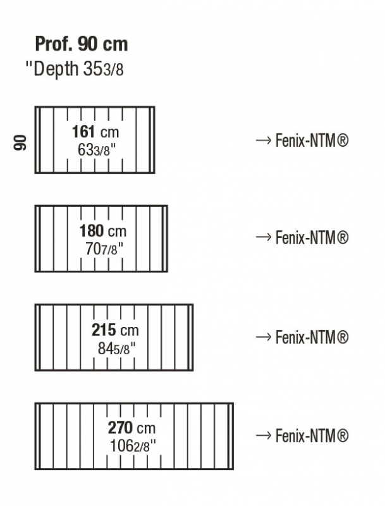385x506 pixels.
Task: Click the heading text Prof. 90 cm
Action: point(82,44)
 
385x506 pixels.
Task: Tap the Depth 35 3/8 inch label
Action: point(75,69)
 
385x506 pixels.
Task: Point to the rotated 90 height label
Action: point(20,142)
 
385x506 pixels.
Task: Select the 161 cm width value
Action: point(95,132)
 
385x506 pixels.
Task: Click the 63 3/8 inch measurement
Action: point(97,150)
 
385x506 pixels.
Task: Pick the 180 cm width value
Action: point(103,231)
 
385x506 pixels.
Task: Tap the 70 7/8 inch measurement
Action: point(104,249)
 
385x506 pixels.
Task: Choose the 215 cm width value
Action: point(115,330)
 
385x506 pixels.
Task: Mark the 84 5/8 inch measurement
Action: point(116,349)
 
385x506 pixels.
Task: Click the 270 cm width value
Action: point(131,428)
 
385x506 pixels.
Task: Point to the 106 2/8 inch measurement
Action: point(133,447)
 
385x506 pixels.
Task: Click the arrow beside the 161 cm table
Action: point(264,140)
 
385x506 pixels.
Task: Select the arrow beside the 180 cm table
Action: point(264,237)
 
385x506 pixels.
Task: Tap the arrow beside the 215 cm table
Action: point(264,337)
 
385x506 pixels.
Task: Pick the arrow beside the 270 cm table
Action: point(264,435)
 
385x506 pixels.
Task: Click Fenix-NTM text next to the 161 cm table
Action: point(312,140)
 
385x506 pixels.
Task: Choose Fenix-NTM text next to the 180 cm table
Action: point(312,238)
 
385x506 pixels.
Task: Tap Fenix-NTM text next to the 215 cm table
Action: point(312,337)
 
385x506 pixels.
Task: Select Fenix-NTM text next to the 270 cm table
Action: point(312,436)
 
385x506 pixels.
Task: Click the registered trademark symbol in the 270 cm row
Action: point(343,436)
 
